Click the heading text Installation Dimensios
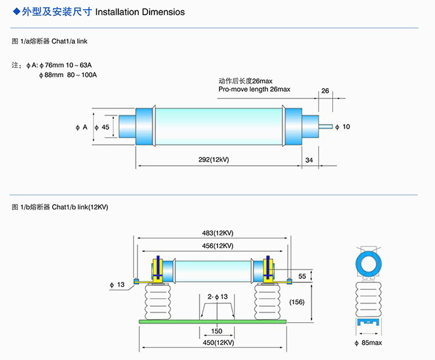click(140, 12)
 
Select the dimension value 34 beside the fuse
click(309, 160)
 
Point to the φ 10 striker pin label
click(343, 127)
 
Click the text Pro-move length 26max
click(254, 89)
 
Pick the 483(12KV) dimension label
click(216, 233)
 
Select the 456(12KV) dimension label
click(216, 246)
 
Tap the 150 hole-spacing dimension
click(217, 331)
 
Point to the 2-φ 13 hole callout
click(217, 296)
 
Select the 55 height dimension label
click(302, 276)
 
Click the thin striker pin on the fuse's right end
click(326, 127)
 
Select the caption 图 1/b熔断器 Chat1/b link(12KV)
click(60, 207)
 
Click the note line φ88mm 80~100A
click(68, 75)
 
